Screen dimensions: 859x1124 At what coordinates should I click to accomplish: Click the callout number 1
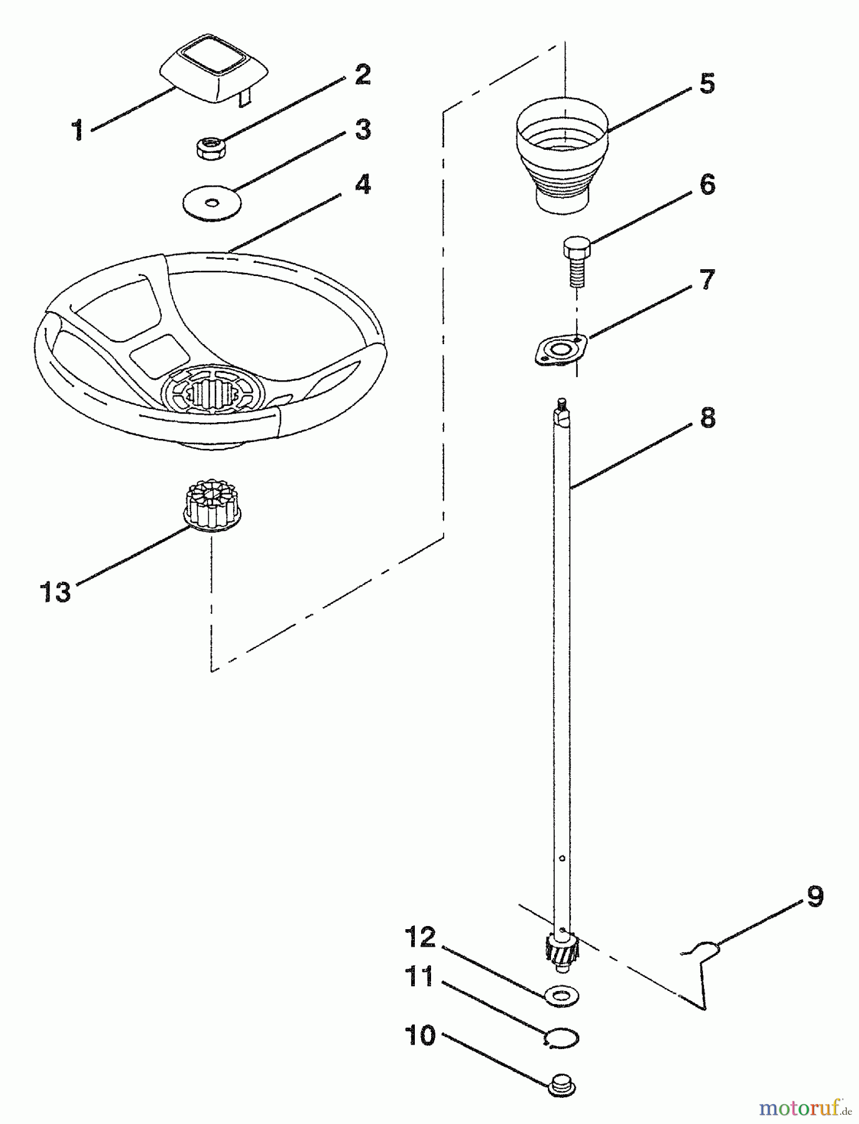(x=77, y=131)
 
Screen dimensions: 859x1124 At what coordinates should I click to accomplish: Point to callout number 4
(x=362, y=185)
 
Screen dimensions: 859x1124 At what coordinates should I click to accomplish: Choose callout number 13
(x=56, y=591)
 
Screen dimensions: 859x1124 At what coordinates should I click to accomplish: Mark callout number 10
(x=419, y=1035)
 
